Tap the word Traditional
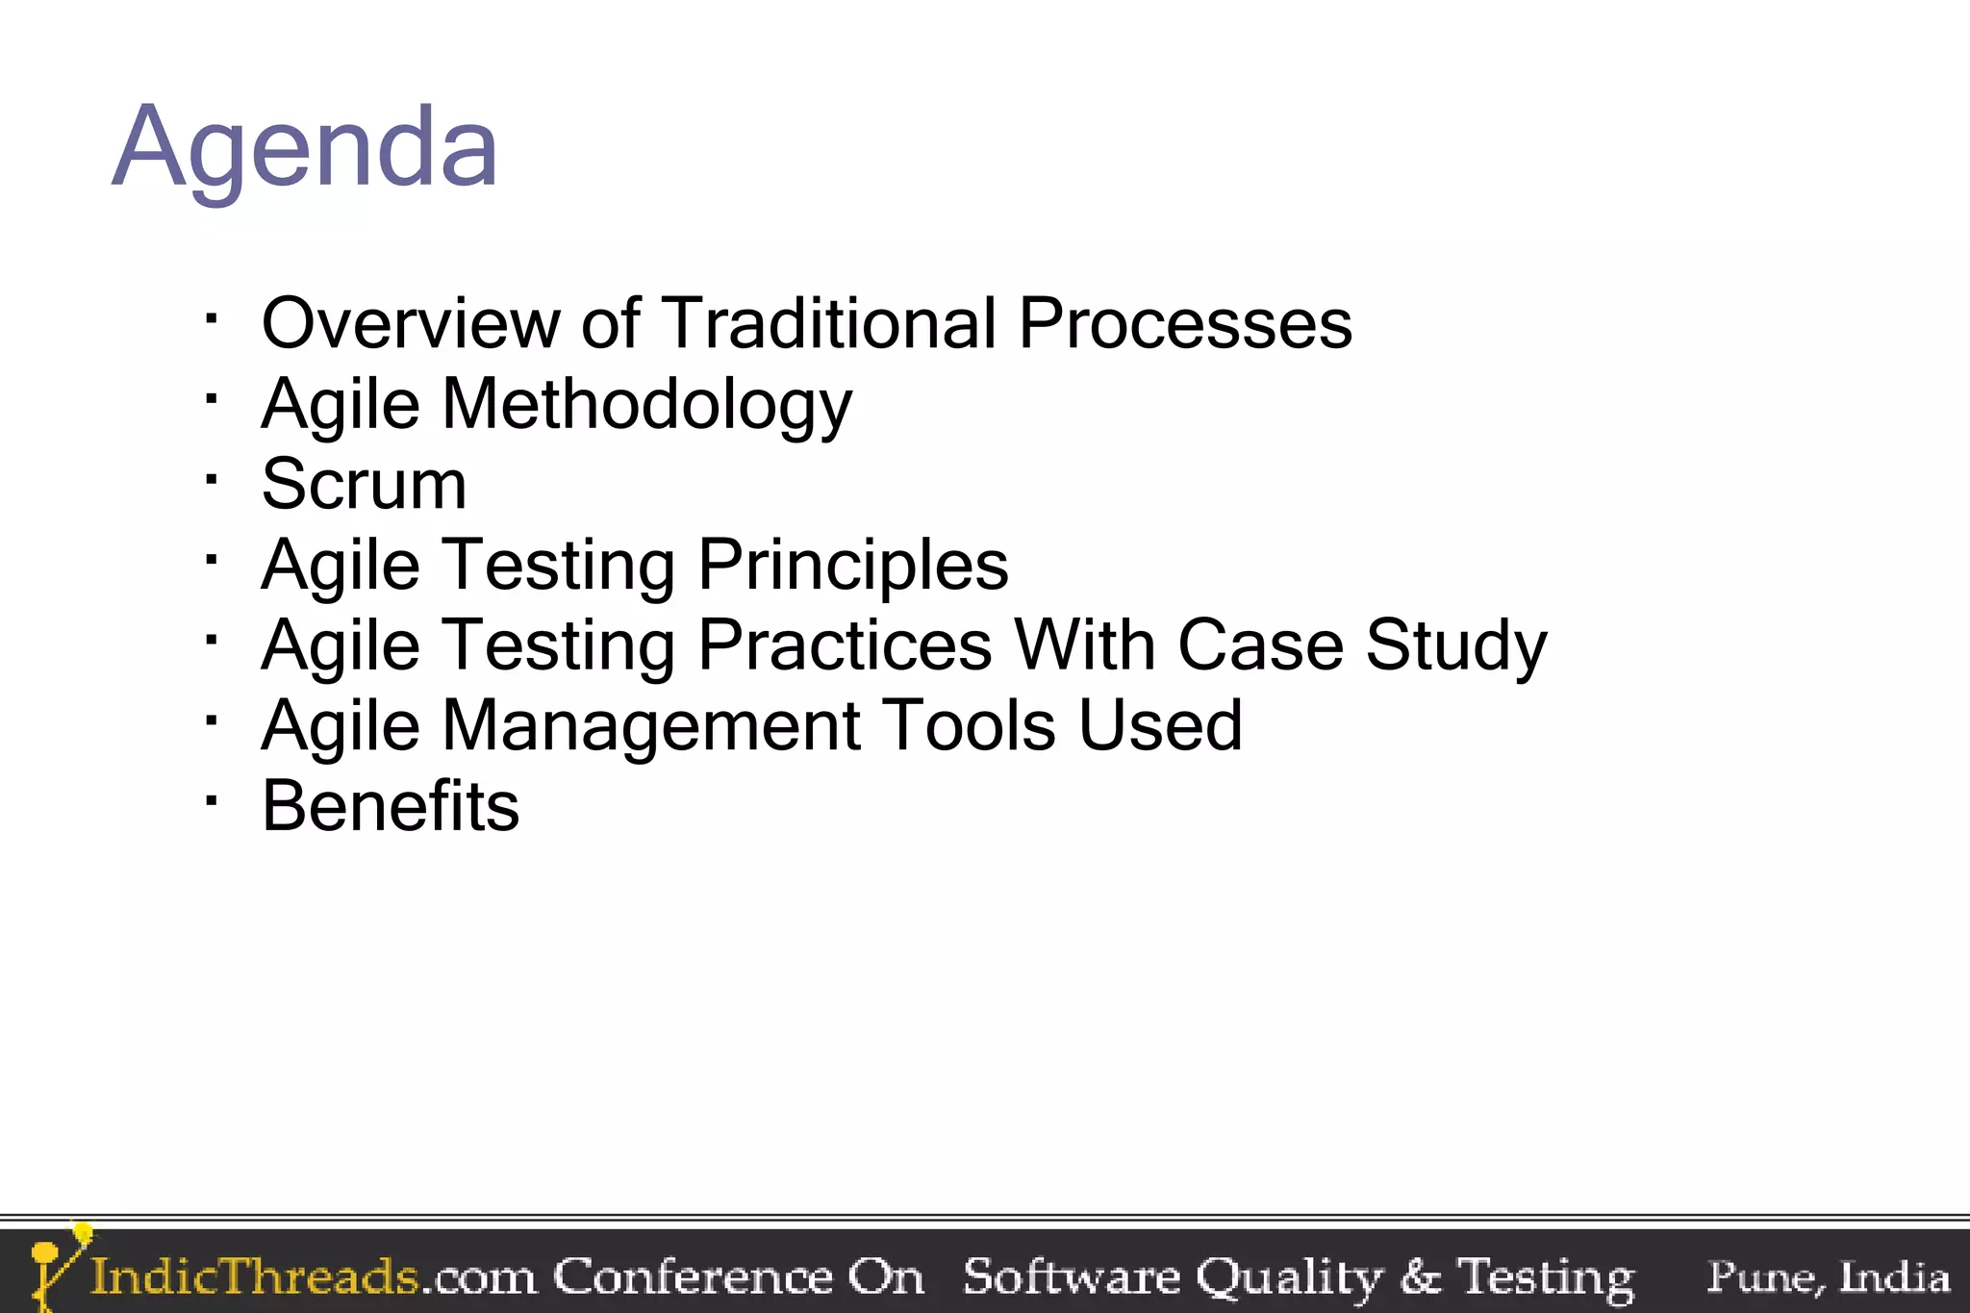click(x=829, y=323)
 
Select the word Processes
click(x=1185, y=323)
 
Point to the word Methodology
click(x=646, y=405)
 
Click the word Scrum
click(x=364, y=485)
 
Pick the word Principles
click(x=853, y=566)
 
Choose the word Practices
click(x=845, y=645)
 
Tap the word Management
click(x=650, y=726)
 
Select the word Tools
click(x=968, y=726)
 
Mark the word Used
click(x=1160, y=726)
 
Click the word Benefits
click(x=391, y=806)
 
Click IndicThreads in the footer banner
click(x=255, y=1277)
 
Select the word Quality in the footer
click(x=1288, y=1277)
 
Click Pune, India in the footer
click(x=1828, y=1277)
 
